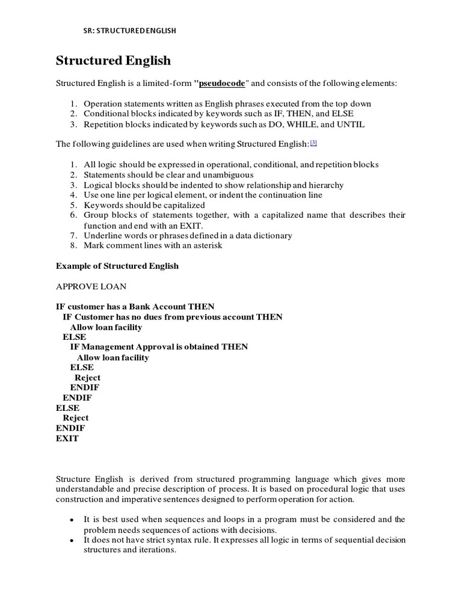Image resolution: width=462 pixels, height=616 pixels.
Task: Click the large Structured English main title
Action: pyautogui.click(x=113, y=61)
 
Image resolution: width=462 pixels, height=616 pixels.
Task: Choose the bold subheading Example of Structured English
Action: pyautogui.click(x=117, y=266)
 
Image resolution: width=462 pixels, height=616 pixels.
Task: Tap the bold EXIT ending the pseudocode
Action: pyautogui.click(x=67, y=439)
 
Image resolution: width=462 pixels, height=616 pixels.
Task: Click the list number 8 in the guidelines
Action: pyautogui.click(x=73, y=246)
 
